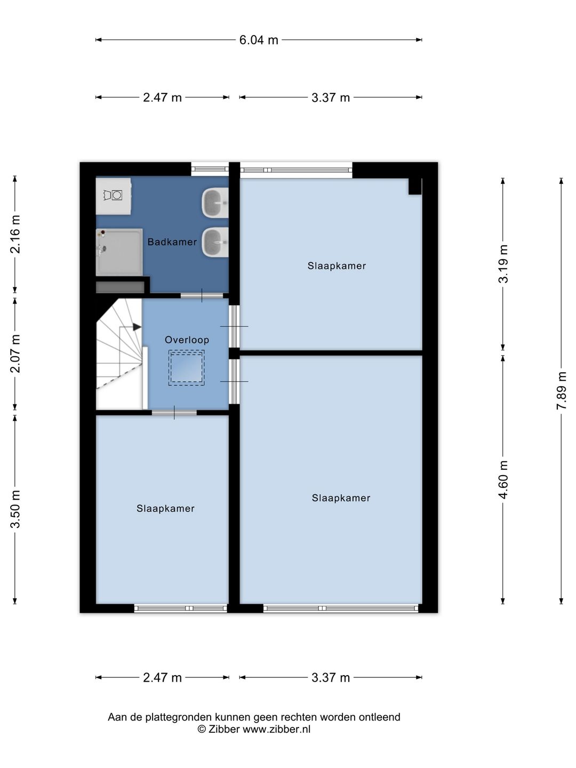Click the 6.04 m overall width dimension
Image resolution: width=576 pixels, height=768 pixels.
click(x=259, y=40)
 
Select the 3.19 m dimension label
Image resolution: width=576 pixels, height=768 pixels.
click(x=503, y=263)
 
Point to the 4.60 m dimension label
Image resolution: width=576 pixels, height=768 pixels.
click(x=503, y=479)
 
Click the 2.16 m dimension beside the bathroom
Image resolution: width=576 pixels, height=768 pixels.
click(x=15, y=234)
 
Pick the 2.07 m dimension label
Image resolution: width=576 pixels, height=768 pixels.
click(x=15, y=354)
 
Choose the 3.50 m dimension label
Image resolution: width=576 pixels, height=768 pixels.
click(x=15, y=509)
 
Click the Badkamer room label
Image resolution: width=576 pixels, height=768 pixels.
click(x=172, y=242)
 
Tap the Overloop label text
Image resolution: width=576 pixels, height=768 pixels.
click(x=187, y=340)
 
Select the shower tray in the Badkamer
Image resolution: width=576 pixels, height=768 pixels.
click(x=119, y=252)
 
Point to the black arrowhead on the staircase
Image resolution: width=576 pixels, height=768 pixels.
click(x=137, y=327)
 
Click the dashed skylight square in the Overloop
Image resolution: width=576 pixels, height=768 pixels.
click(x=187, y=367)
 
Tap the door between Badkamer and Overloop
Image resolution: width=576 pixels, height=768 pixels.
click(x=202, y=295)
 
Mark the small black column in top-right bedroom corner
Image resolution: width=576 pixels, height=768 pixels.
click(x=415, y=186)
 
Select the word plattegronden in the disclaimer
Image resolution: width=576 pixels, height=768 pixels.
click(x=178, y=717)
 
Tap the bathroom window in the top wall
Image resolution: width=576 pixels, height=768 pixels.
click(x=210, y=169)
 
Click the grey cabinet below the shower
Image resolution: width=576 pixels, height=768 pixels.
click(x=121, y=287)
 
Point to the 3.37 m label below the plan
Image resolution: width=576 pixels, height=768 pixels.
click(x=331, y=678)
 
